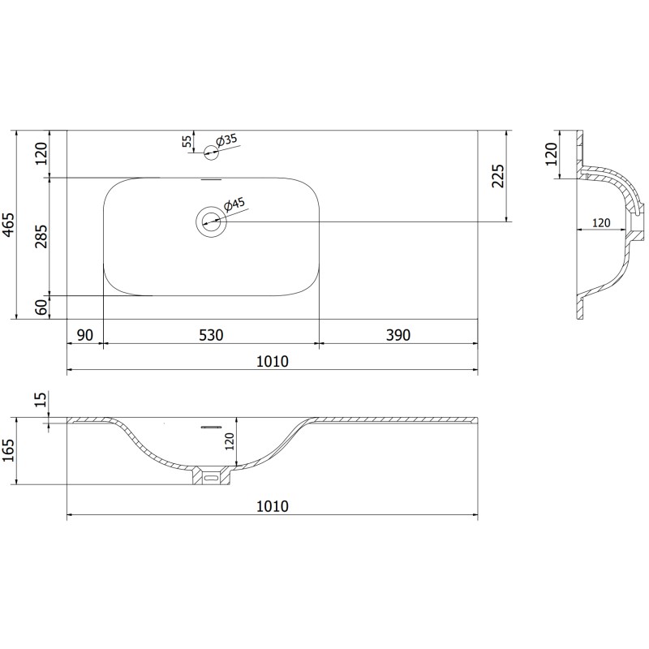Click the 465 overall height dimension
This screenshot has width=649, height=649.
(9, 226)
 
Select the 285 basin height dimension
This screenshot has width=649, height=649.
(41, 236)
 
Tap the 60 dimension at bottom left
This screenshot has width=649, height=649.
(41, 307)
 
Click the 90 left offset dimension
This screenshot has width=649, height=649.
(85, 335)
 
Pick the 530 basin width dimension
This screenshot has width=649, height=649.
(211, 335)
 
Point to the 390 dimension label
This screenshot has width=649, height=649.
(398, 335)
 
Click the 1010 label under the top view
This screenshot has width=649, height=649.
(273, 361)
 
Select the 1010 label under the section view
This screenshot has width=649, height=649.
(273, 506)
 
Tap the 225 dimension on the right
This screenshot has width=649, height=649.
(498, 176)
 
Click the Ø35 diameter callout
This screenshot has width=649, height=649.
(226, 140)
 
